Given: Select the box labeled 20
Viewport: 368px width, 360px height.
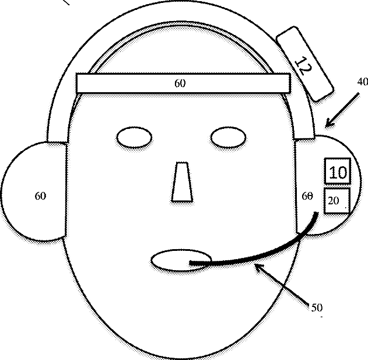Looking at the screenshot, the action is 336,201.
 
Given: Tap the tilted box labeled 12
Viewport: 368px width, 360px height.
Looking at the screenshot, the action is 304,65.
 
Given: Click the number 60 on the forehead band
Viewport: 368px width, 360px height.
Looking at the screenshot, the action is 180,83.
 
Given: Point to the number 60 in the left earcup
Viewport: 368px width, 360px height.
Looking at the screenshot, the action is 40,196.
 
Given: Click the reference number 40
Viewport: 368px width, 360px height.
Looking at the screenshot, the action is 362,82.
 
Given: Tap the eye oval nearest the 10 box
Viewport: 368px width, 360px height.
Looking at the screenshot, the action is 229,138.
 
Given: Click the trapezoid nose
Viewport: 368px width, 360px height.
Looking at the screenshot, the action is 182,182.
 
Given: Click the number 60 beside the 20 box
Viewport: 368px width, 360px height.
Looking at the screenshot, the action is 307,197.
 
